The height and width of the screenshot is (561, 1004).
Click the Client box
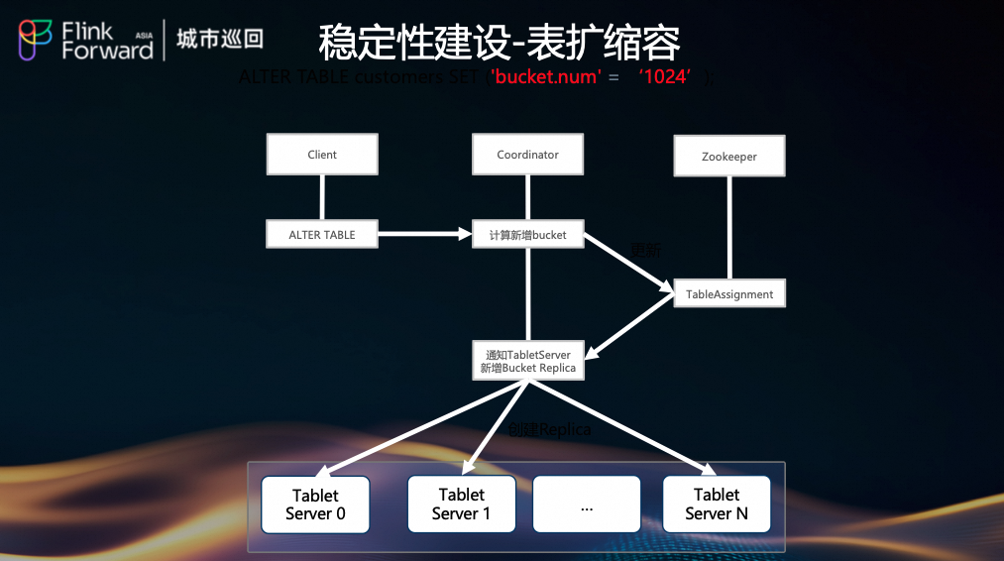[322, 155]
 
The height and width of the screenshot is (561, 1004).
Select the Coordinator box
[527, 155]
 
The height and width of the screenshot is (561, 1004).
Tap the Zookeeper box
[729, 157]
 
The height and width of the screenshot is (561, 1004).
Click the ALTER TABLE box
[322, 235]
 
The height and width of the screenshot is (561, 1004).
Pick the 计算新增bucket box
[527, 235]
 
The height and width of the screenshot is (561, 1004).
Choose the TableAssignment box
[729, 293]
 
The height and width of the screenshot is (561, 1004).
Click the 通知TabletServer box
[527, 361]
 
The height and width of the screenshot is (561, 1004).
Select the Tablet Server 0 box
[315, 505]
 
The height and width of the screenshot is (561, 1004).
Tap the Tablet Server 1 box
[462, 504]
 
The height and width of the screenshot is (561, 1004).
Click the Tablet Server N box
[717, 504]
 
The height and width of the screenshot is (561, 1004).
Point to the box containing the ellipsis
[587, 505]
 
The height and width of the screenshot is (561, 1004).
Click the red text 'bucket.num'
[546, 76]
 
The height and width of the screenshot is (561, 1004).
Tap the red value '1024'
[663, 76]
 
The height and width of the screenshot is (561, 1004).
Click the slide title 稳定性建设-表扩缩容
[500, 43]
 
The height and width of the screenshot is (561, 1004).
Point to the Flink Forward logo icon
[36, 40]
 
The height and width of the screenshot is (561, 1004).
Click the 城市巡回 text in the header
[220, 40]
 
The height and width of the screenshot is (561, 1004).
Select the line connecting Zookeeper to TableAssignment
[730, 228]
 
